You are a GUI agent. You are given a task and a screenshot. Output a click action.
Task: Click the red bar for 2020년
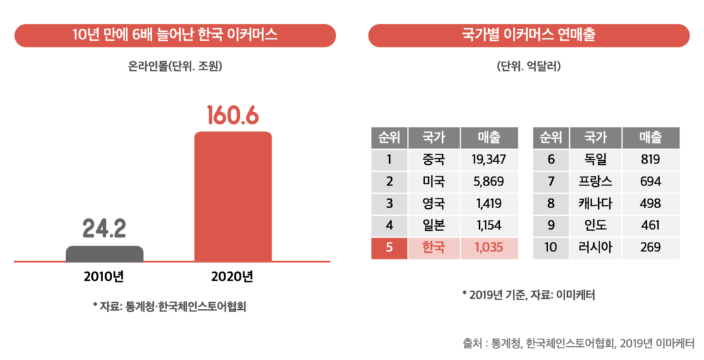click(x=233, y=196)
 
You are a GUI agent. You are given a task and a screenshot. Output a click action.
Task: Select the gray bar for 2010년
click(x=104, y=254)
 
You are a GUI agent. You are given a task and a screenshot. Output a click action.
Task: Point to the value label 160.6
click(x=233, y=115)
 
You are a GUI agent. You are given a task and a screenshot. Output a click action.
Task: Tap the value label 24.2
click(x=104, y=229)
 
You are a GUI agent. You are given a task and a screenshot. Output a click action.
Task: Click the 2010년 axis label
click(x=104, y=278)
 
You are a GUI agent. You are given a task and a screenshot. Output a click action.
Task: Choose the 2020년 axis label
click(x=233, y=278)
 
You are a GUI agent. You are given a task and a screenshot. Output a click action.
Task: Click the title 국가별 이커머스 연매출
click(x=529, y=35)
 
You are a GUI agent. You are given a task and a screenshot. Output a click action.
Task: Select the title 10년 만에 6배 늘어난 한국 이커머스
click(x=175, y=35)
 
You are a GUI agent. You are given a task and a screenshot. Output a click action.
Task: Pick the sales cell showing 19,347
click(x=488, y=160)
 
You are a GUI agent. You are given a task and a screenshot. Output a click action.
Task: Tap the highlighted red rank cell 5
click(x=389, y=247)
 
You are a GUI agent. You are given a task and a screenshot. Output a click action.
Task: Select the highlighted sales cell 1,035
click(x=488, y=247)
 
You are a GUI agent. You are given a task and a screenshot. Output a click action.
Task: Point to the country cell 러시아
click(x=596, y=247)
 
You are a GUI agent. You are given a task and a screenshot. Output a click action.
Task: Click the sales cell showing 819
click(x=650, y=160)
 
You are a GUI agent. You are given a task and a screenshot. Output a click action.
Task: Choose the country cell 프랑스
click(x=596, y=182)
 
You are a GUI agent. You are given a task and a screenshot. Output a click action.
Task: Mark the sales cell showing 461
click(x=650, y=225)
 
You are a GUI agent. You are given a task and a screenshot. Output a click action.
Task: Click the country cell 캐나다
click(x=596, y=204)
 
